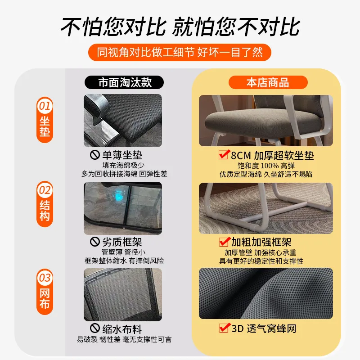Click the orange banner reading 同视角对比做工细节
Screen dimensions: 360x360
point(180,52)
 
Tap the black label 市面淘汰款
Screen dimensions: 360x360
point(125,82)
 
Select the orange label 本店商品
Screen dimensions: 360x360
point(268,82)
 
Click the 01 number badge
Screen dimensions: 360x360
point(45,107)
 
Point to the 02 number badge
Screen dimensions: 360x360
point(45,190)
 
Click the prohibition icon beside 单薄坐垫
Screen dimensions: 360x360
point(95,156)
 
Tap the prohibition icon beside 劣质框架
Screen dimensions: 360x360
point(95,242)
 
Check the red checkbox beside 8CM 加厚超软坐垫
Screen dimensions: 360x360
point(223,155)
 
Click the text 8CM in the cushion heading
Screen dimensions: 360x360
point(241,156)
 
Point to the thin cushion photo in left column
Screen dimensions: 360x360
point(123,120)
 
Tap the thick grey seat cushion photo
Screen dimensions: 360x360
point(266,120)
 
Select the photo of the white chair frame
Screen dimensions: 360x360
point(266,207)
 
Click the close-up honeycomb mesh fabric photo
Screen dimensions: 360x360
point(266,293)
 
